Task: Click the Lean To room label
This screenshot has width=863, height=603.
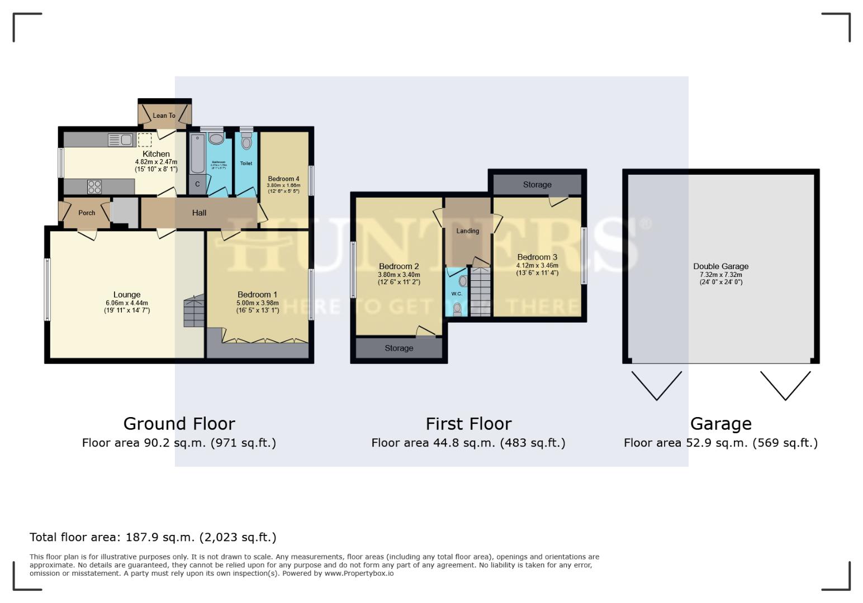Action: tap(164, 116)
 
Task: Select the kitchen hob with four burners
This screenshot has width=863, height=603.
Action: tap(94, 186)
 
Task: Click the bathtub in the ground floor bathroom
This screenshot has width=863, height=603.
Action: tap(197, 154)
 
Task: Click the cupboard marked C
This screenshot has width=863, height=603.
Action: tap(197, 184)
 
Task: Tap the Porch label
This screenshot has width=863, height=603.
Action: tap(87, 213)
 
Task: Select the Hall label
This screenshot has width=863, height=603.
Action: tap(199, 213)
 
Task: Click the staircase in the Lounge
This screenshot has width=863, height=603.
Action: tap(194, 312)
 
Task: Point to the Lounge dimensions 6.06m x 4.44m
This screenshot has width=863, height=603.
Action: tap(127, 303)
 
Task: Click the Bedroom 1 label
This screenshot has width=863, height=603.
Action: tap(257, 294)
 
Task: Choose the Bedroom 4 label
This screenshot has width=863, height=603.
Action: tap(283, 179)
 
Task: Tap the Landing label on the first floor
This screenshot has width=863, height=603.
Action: tap(467, 231)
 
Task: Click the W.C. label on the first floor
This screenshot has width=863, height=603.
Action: tap(456, 294)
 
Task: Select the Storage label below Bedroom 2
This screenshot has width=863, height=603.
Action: tap(399, 348)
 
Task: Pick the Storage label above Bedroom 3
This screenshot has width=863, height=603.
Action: tap(537, 185)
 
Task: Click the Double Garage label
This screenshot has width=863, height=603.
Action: tap(720, 266)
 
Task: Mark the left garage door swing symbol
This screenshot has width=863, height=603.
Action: tap(656, 385)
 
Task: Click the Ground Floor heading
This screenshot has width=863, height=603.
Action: tap(179, 424)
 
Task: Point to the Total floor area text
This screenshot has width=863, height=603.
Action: tap(153, 537)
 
